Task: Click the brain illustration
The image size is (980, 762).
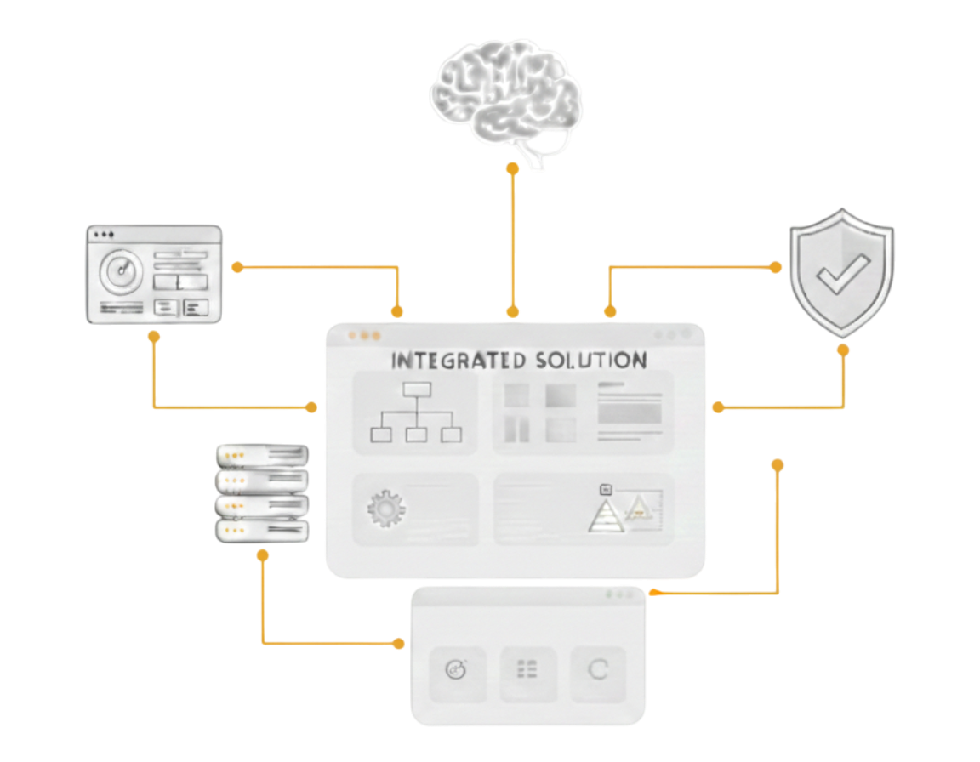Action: (506, 94)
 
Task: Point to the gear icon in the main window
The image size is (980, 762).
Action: (385, 509)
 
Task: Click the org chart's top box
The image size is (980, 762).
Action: (417, 390)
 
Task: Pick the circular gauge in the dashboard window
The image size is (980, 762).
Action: (120, 272)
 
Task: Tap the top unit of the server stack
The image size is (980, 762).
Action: (262, 456)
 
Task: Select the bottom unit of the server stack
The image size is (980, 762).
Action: (262, 532)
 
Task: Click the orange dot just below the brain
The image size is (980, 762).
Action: (512, 169)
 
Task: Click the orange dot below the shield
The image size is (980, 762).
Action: (843, 349)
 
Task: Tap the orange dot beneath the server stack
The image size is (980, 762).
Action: (263, 555)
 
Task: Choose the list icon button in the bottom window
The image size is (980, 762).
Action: (527, 671)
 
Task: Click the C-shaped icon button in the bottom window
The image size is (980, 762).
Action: (598, 671)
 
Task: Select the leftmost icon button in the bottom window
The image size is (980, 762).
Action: (457, 671)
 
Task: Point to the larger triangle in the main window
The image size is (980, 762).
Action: (607, 515)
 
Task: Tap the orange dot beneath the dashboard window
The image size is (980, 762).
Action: (154, 337)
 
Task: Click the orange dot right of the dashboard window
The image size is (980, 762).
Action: (237, 267)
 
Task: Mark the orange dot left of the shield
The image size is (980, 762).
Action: (775, 267)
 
